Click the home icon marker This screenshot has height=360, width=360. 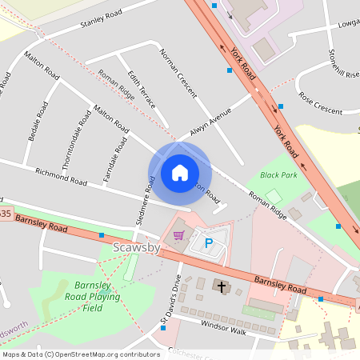point(179,173)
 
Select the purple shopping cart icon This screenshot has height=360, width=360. point(178,235)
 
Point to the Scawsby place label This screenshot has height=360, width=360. point(137,249)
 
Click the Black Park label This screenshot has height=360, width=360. point(278,174)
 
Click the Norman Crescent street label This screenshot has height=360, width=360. point(178,73)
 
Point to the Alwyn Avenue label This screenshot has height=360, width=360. point(210,121)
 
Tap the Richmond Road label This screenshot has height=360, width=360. point(61,176)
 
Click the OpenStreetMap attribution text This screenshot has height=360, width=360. point(81,354)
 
